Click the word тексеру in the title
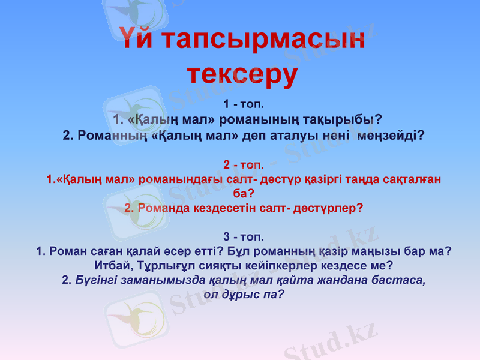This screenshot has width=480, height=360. [x=242, y=74]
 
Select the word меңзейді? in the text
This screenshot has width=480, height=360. [x=391, y=135]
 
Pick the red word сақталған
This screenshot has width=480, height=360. [x=410, y=179]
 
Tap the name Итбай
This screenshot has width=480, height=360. [x=111, y=264]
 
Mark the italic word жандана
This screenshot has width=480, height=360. [x=336, y=280]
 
